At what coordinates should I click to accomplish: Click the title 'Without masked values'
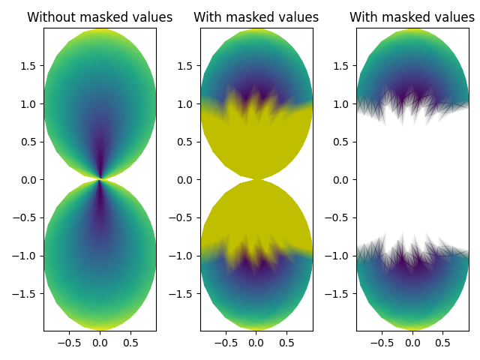[100, 17]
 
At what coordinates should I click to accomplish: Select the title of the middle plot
[256, 17]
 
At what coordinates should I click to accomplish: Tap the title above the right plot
[412, 17]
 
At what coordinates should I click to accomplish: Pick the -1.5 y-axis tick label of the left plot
[27, 293]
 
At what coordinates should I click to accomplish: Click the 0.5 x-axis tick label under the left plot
[130, 343]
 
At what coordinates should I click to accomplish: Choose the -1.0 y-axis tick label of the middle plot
[184, 256]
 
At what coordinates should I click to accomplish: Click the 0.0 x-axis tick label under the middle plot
[256, 343]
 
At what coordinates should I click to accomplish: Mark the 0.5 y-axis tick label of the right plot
[343, 142]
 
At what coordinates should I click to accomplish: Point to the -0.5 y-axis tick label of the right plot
[340, 217]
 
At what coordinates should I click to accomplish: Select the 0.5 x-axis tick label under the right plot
[443, 343]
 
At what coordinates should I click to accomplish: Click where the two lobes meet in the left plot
[100, 179]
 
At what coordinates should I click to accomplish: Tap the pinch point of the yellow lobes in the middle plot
[256, 179]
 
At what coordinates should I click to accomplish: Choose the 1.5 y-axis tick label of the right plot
[343, 66]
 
